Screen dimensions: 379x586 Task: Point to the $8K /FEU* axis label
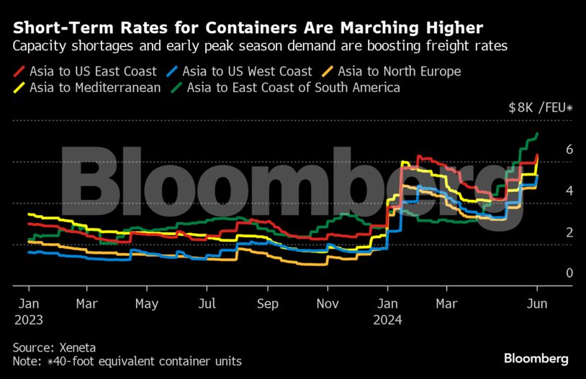click(x=540, y=108)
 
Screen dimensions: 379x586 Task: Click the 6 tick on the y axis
click(x=549, y=150)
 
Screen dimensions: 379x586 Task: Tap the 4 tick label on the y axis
click(x=549, y=191)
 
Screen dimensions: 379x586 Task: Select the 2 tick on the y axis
click(x=549, y=232)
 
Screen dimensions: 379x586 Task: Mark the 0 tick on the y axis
click(x=549, y=273)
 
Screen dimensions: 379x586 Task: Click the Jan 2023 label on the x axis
click(x=28, y=311)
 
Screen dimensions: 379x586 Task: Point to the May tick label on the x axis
click(x=146, y=303)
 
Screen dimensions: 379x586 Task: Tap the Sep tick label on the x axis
click(x=267, y=303)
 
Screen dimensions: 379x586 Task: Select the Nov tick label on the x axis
click(x=328, y=303)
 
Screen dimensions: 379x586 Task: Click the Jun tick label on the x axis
click(x=536, y=303)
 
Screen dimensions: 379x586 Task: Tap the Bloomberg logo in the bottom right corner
click(x=536, y=357)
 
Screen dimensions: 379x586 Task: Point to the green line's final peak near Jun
click(x=537, y=134)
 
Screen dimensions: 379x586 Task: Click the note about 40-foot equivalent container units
click(x=127, y=360)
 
